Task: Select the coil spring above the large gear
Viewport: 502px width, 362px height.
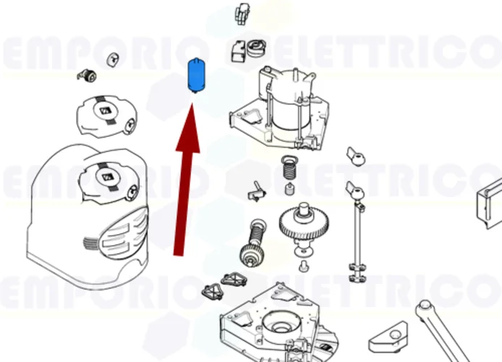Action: [x=289, y=171]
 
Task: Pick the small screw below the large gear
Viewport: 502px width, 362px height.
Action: [x=304, y=269]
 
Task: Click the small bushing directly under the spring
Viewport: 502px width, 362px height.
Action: [x=289, y=191]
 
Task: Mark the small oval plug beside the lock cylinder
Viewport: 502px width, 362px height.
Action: [x=113, y=59]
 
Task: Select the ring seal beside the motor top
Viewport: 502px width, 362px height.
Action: [x=255, y=49]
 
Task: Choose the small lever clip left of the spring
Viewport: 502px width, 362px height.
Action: [x=256, y=190]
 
